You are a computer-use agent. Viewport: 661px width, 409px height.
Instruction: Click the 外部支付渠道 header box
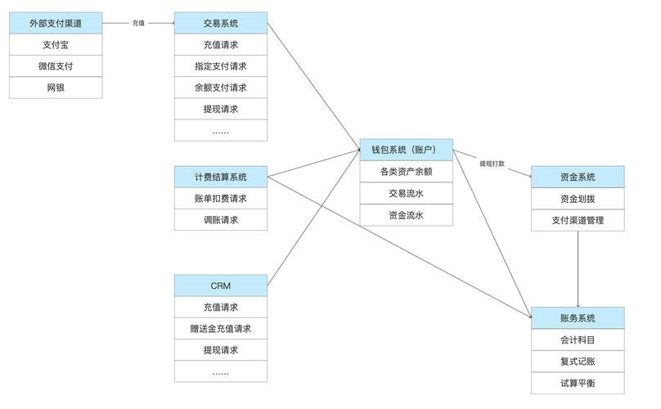(x=56, y=24)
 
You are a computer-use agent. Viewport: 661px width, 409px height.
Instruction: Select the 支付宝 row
(x=56, y=45)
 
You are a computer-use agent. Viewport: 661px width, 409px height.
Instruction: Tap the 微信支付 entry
(x=56, y=66)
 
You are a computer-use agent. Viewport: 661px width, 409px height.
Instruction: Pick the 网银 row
(x=56, y=88)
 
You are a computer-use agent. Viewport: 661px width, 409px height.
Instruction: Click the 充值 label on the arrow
(x=138, y=23)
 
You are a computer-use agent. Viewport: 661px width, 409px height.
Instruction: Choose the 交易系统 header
(x=221, y=24)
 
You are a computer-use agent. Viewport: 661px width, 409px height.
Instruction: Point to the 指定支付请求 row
(x=221, y=66)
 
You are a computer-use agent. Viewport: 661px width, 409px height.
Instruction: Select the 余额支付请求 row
(x=221, y=88)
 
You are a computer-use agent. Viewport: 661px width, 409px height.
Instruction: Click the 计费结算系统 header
(x=221, y=177)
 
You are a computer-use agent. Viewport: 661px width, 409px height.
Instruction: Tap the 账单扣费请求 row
(x=221, y=198)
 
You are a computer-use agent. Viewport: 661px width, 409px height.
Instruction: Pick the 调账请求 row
(x=221, y=219)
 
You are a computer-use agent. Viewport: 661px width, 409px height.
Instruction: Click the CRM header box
(x=221, y=285)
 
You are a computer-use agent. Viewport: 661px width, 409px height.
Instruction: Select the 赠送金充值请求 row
(x=221, y=329)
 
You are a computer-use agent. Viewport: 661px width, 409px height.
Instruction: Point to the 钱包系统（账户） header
(x=407, y=150)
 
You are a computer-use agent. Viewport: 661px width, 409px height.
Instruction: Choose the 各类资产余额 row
(x=407, y=172)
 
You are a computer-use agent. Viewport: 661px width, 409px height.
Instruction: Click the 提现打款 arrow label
(x=492, y=164)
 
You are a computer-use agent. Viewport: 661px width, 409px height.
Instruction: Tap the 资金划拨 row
(x=578, y=199)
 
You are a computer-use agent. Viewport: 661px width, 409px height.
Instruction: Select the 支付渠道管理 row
(x=578, y=220)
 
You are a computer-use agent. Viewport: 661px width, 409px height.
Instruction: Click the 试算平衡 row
(x=578, y=383)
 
